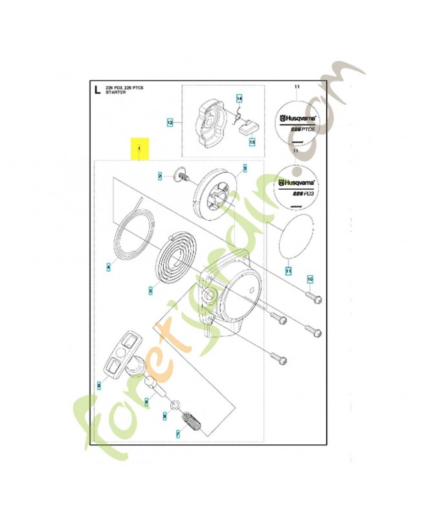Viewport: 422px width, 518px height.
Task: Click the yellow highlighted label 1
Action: click(139, 149)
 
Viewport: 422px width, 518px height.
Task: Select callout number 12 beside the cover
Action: click(170, 121)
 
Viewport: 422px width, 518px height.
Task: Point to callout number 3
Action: click(245, 168)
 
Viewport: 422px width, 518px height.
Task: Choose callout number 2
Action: click(159, 176)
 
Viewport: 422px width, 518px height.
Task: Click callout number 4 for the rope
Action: click(109, 265)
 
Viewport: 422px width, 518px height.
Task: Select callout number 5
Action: click(150, 291)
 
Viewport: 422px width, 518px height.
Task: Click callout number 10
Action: click(309, 279)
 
